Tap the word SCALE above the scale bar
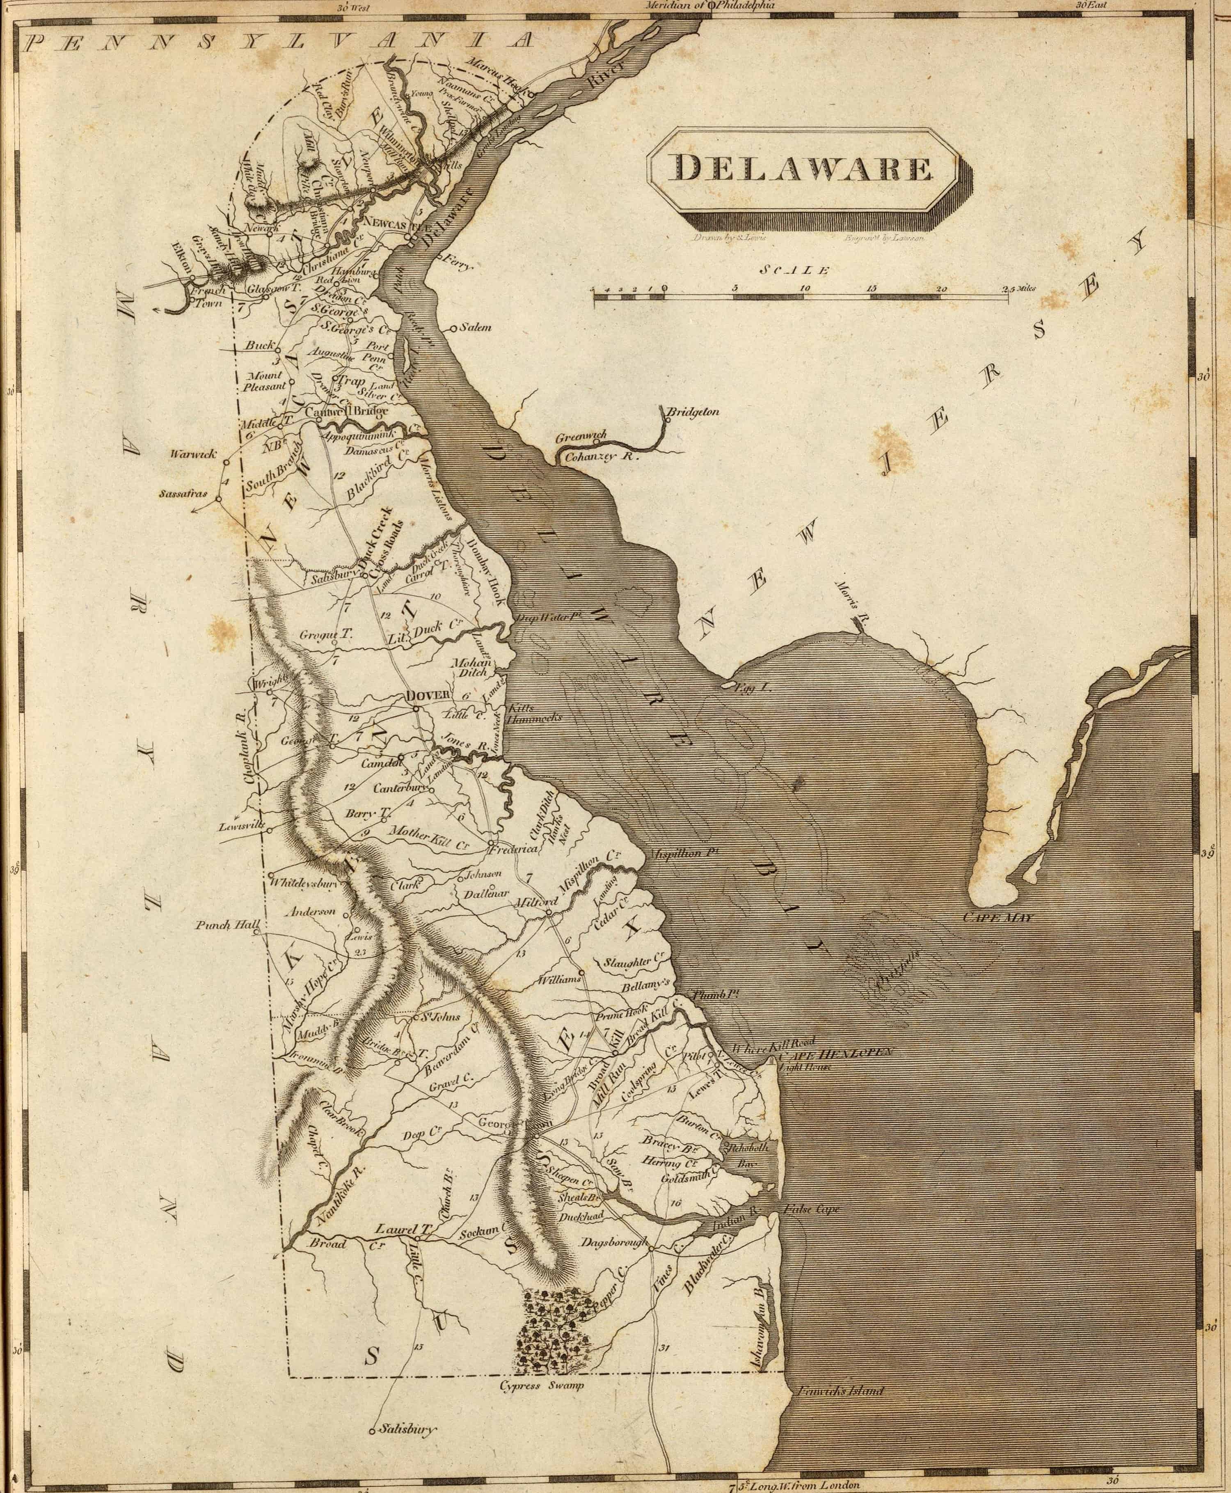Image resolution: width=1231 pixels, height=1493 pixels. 794,270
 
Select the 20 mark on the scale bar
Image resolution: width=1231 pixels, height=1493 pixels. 941,289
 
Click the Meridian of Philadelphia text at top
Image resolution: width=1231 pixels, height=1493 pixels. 709,5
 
